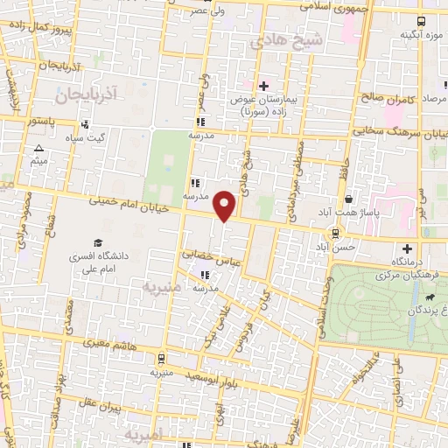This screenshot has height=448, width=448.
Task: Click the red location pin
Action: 226,205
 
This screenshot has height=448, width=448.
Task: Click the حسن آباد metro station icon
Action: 334,233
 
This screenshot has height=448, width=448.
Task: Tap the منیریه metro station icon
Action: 161,359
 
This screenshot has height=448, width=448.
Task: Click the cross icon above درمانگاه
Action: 406,248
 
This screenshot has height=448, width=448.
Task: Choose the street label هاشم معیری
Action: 102,347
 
